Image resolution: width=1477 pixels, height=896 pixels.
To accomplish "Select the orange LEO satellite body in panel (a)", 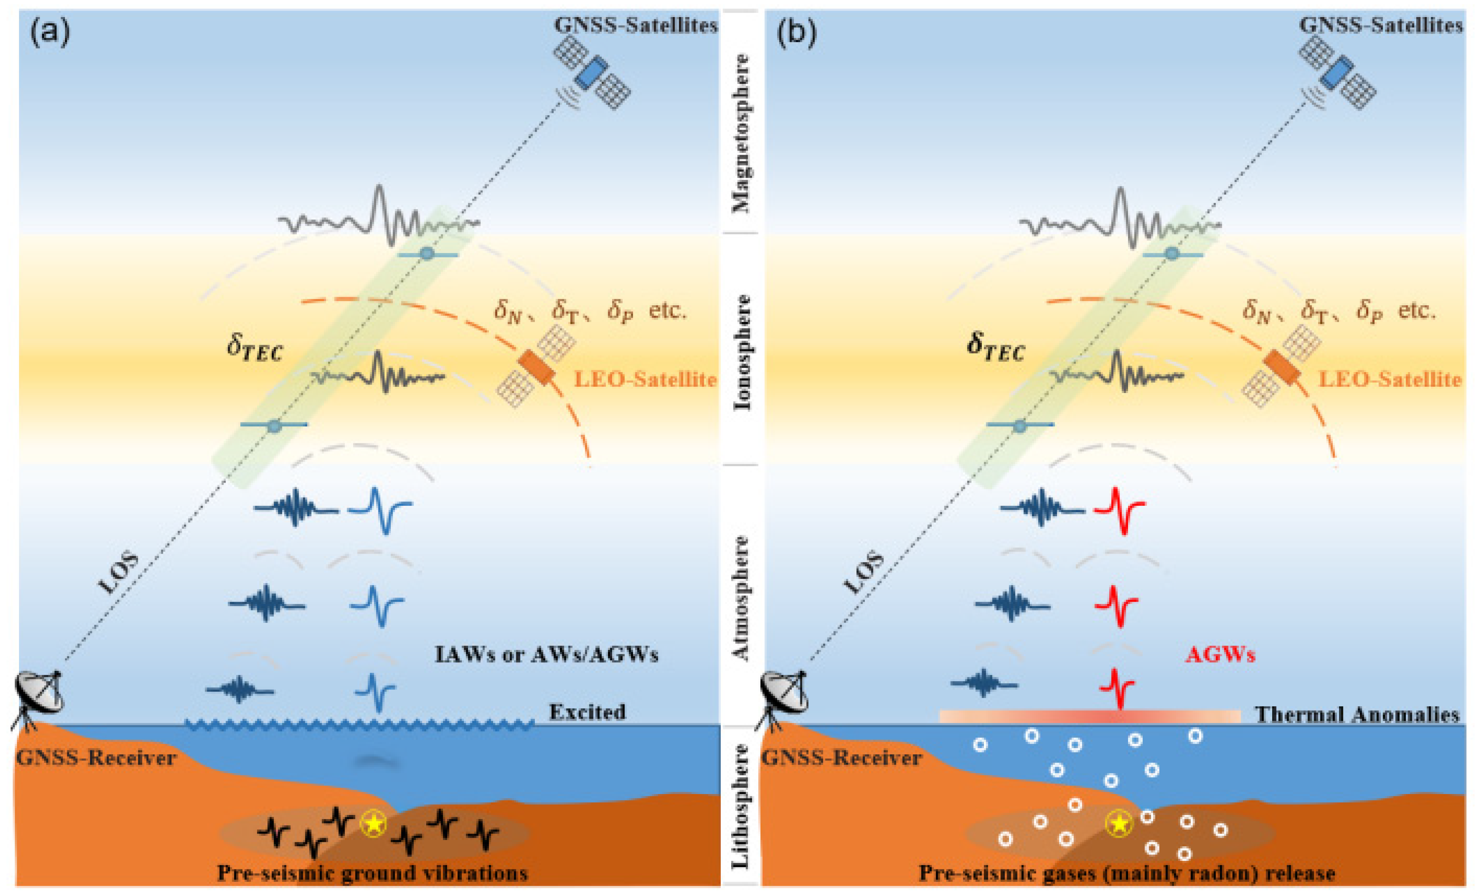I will (x=535, y=367).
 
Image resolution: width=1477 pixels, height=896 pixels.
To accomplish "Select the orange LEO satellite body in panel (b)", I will (x=1282, y=367).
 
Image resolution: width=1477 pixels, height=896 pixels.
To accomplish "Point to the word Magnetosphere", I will (x=742, y=133).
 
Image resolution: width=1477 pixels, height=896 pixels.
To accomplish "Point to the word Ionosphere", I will (x=742, y=352).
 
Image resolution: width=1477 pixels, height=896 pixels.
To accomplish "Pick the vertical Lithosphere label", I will (x=742, y=805).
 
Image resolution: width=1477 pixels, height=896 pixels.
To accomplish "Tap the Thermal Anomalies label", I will (x=1357, y=714).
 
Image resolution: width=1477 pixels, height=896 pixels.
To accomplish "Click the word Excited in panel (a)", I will (x=587, y=712).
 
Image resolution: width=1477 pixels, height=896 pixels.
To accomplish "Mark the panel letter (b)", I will (x=797, y=34).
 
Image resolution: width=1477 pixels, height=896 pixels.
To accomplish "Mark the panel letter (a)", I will (x=50, y=34).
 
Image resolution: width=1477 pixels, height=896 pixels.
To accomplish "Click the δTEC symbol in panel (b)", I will (x=996, y=347).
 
